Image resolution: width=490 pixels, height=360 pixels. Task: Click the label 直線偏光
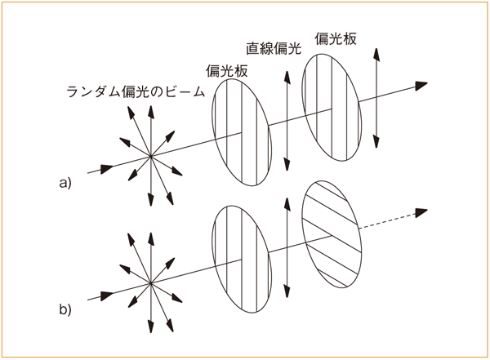coord(274,48)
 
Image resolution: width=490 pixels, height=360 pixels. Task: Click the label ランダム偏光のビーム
coord(136,92)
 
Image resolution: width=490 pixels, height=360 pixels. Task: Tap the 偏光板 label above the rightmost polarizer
coord(336,38)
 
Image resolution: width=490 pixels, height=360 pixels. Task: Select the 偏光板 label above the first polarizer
coord(226,71)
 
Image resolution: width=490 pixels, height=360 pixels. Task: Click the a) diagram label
coord(65,183)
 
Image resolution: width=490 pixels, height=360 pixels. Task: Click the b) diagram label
coord(65,309)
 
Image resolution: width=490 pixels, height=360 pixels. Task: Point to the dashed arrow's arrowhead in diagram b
coord(421,213)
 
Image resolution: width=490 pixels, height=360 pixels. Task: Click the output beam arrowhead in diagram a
coord(421,86)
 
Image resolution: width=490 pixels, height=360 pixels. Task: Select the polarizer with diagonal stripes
coord(332,234)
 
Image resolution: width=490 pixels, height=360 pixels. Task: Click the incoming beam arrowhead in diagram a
coord(107,168)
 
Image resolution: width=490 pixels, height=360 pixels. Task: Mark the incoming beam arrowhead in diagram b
coord(107,296)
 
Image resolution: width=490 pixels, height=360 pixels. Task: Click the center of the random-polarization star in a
coord(151,156)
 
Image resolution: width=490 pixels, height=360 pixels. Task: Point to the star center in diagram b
coord(151,283)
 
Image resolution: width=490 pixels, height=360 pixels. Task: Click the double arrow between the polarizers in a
coord(287,121)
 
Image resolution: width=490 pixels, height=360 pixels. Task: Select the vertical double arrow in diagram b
coord(287,248)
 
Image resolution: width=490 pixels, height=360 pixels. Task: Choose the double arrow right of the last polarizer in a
coord(376,98)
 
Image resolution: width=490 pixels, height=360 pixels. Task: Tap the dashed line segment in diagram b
coord(387,221)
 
